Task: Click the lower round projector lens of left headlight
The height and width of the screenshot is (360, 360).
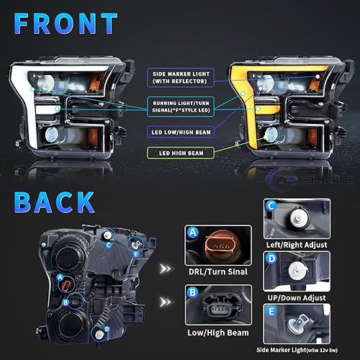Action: (54, 135)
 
